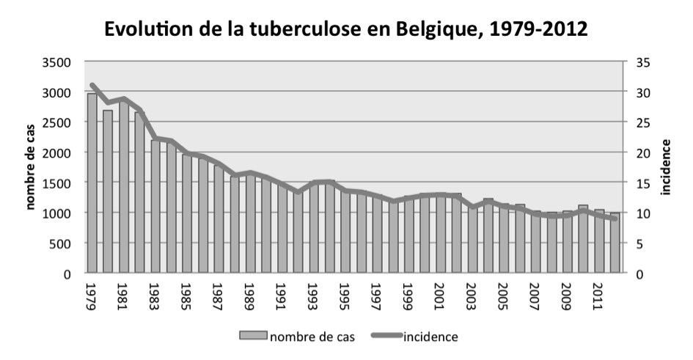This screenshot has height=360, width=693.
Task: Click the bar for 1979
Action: pyautogui.click(x=92, y=183)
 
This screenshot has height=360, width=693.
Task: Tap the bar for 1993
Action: pyautogui.click(x=314, y=227)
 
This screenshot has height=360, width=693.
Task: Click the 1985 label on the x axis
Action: pyautogui.click(x=187, y=295)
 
